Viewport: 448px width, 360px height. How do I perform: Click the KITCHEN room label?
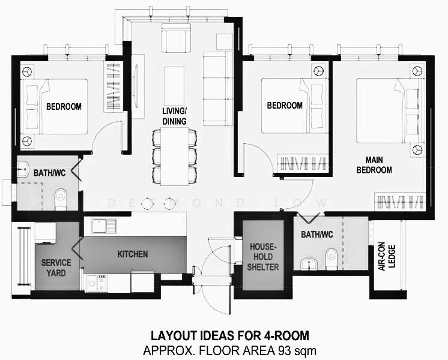point(133,254)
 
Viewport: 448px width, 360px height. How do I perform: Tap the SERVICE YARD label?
point(56,268)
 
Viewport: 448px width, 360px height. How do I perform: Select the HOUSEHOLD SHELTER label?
point(263,257)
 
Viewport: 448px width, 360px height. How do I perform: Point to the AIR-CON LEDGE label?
point(387,256)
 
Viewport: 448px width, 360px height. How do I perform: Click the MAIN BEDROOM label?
point(374,165)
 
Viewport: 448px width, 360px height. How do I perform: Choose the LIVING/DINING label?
point(174,116)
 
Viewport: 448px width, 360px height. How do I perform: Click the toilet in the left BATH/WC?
point(61,198)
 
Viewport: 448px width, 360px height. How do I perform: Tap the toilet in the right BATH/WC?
point(331,259)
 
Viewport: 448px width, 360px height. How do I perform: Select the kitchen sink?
point(104,226)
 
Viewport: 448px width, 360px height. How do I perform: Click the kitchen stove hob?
point(97,283)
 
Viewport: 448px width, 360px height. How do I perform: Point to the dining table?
point(174,157)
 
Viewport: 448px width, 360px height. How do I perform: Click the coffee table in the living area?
point(174,86)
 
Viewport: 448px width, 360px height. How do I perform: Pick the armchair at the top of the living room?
point(176,38)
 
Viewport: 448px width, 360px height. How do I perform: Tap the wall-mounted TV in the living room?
point(136,86)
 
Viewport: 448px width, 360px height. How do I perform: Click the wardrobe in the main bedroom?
point(399,202)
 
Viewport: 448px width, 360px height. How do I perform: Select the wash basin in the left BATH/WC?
point(23,169)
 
